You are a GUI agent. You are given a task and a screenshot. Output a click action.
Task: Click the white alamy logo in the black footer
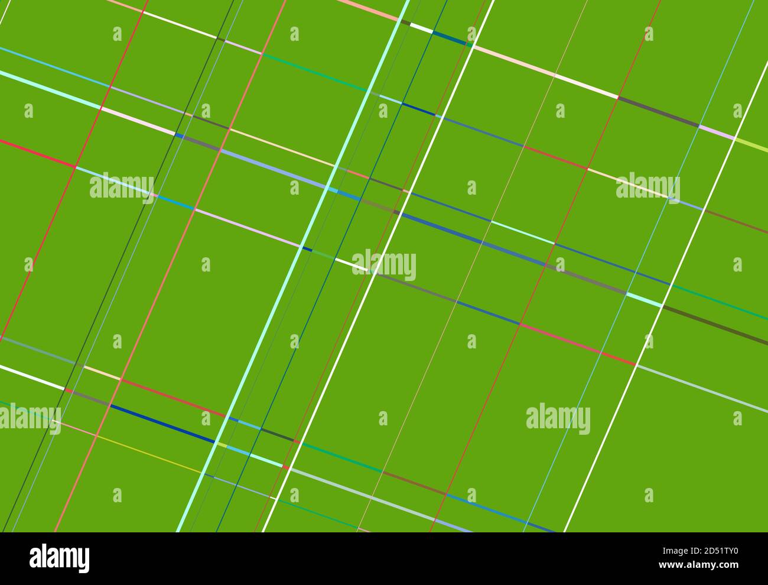[59, 558]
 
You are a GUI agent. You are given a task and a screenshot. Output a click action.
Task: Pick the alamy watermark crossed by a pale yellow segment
[647, 187]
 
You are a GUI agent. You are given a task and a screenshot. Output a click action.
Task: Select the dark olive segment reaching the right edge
[715, 325]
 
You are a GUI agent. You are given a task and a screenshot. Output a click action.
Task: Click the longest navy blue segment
[162, 424]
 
